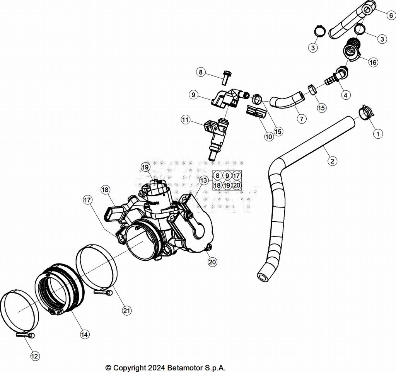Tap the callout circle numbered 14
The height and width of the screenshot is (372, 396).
pyautogui.click(x=84, y=335)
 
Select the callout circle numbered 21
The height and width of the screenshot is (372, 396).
pyautogui.click(x=127, y=310)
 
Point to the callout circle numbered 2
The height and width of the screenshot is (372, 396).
pyautogui.click(x=331, y=161)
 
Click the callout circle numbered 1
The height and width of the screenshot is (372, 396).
pyautogui.click(x=378, y=134)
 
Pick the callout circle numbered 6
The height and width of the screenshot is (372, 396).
pyautogui.click(x=391, y=15)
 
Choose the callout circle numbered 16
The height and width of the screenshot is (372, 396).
pyautogui.click(x=373, y=62)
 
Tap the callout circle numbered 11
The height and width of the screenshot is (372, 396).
pyautogui.click(x=186, y=120)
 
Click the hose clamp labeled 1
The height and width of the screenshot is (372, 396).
pyautogui.click(x=366, y=112)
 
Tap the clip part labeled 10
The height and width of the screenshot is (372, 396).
pyautogui.click(x=256, y=112)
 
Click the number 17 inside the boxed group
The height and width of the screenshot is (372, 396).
pyautogui.click(x=237, y=176)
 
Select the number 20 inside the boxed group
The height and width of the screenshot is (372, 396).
pyautogui.click(x=237, y=185)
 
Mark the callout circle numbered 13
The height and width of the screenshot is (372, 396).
pyautogui.click(x=204, y=180)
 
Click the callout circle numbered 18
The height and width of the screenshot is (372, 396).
pyautogui.click(x=105, y=190)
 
